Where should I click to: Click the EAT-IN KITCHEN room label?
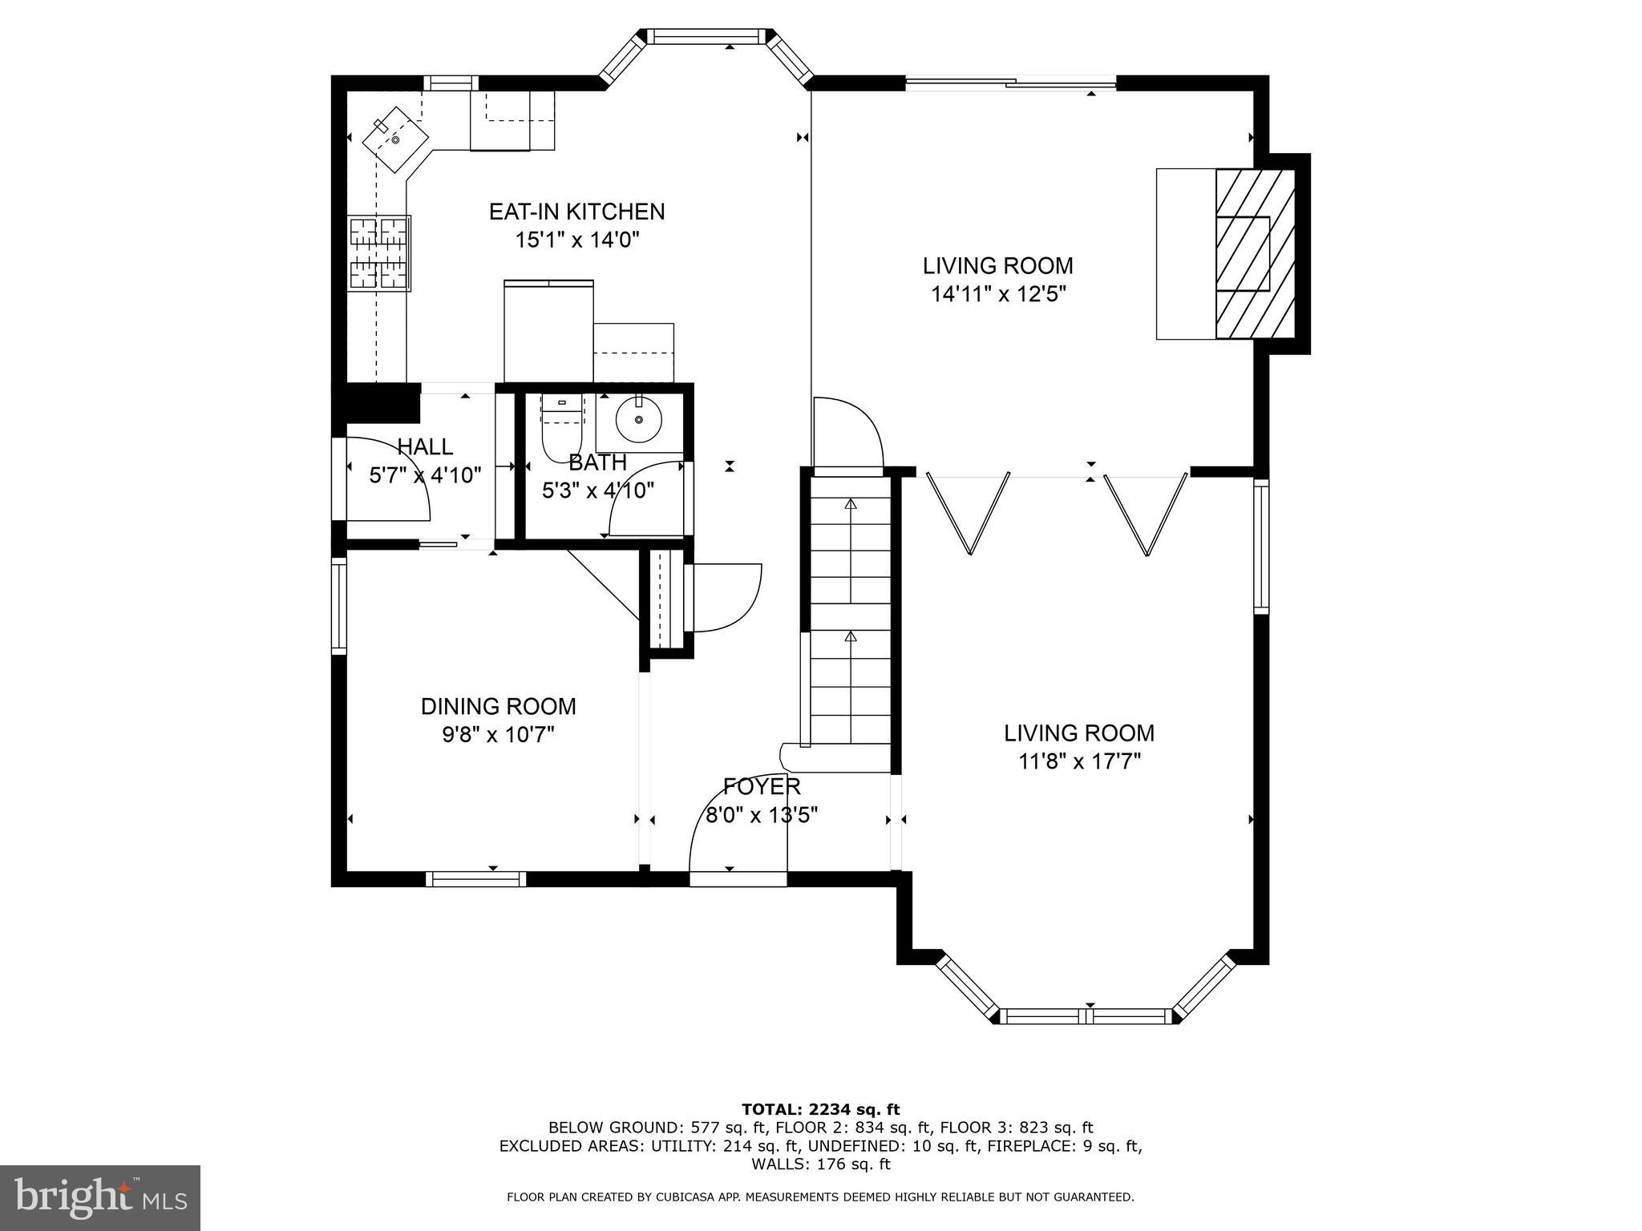pyautogui.click(x=576, y=212)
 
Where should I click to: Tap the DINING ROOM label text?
pyautogui.click(x=498, y=706)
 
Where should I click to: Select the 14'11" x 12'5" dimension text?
pyautogui.click(x=997, y=294)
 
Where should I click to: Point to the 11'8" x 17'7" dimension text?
pyautogui.click(x=1079, y=761)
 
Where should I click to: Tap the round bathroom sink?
pyautogui.click(x=638, y=419)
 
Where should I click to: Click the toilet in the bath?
pyautogui.click(x=561, y=430)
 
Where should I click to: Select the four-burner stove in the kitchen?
pyautogui.click(x=379, y=253)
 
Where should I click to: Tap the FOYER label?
pyautogui.click(x=761, y=786)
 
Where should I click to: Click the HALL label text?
pyautogui.click(x=425, y=446)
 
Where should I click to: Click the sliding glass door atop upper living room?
pyautogui.click(x=1010, y=81)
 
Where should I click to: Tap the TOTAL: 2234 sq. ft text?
pyautogui.click(x=820, y=1110)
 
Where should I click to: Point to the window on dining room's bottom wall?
pyautogui.click(x=475, y=879)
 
